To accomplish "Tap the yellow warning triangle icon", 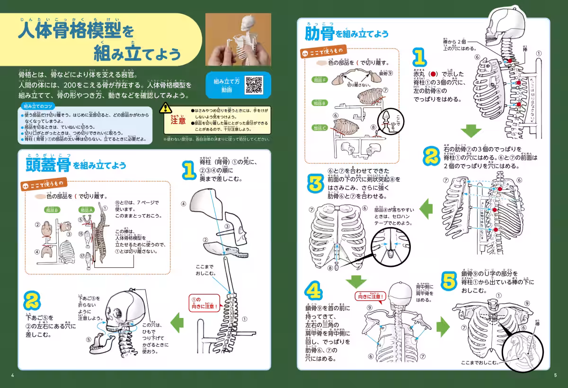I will pyautogui.click(x=165, y=108).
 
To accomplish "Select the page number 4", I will pyautogui.click(x=13, y=376).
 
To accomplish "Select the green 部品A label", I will pyautogui.click(x=87, y=210).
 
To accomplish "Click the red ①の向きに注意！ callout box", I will pyautogui.click(x=204, y=302).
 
